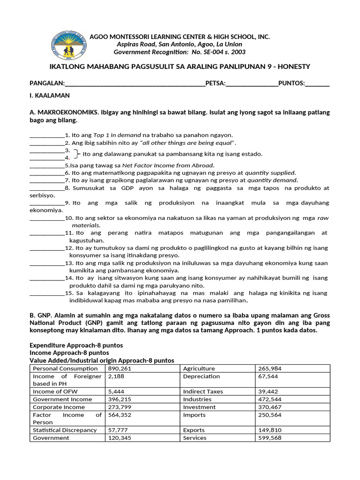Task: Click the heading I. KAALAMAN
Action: click(50, 95)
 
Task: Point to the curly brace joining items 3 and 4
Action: click(77, 154)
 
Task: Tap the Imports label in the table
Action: click(194, 415)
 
